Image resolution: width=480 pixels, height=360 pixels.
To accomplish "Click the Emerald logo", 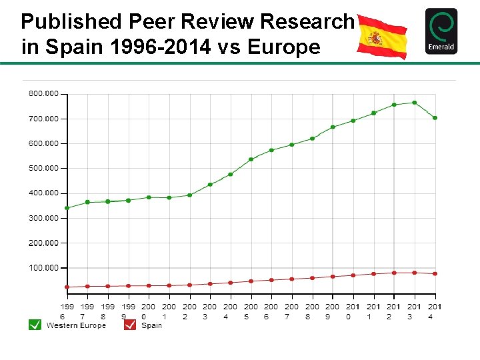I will (x=441, y=31).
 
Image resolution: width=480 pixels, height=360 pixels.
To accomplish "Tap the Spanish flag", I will (x=382, y=36).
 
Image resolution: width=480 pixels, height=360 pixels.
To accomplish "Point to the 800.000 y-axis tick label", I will (x=43, y=93).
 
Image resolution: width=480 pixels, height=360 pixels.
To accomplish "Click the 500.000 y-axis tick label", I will (x=43, y=168).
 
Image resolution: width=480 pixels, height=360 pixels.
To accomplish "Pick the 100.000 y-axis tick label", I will (x=43, y=267).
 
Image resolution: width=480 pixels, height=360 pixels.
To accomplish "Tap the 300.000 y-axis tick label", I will (x=43, y=218).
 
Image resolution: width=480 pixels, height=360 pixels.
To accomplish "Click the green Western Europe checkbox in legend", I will (x=35, y=325).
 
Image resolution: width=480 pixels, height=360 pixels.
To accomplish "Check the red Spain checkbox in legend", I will (x=130, y=325).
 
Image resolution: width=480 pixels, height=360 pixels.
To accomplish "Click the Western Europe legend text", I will (x=76, y=325).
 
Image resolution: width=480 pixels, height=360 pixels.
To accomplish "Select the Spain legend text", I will (x=151, y=325).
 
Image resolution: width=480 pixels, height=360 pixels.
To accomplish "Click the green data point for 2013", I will (x=415, y=103).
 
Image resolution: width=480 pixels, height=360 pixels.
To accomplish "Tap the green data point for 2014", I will (x=435, y=118).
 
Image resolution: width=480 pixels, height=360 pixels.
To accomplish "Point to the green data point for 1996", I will (x=67, y=208).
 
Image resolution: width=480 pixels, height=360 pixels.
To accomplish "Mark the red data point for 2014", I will (x=435, y=274).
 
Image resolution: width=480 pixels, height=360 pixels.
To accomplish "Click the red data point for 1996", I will (x=67, y=287).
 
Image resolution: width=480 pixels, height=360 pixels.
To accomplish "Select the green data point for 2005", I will (x=251, y=159).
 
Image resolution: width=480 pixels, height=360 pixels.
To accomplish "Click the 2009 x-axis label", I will (x=333, y=311).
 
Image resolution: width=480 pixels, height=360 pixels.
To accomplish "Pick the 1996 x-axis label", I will (x=67, y=311).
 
